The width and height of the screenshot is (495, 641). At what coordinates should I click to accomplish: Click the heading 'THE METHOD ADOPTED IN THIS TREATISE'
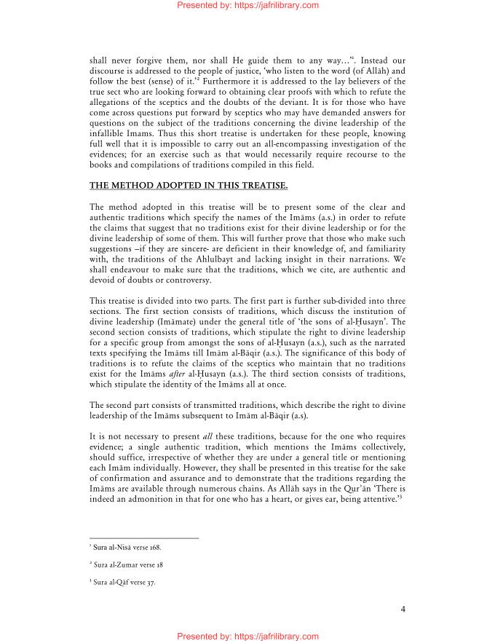[x=183, y=186]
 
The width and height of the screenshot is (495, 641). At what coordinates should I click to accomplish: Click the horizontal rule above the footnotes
[x=144, y=538]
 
